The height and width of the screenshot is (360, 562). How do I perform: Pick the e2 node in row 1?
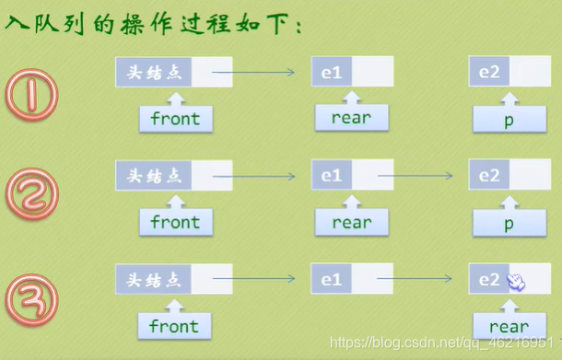pyautogui.click(x=489, y=71)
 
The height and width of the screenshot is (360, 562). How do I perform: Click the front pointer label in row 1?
pyautogui.click(x=174, y=118)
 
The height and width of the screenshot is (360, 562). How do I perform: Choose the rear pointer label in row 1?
pyautogui.click(x=351, y=117)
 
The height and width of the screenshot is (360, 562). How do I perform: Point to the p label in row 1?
pyautogui.click(x=509, y=119)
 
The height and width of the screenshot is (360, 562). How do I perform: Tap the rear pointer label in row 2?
pyautogui.click(x=351, y=222)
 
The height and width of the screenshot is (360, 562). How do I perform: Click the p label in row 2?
pyautogui.click(x=509, y=223)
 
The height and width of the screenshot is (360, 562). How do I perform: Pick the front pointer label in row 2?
pyautogui.click(x=174, y=222)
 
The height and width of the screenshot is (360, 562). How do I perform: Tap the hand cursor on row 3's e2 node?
pyautogui.click(x=517, y=282)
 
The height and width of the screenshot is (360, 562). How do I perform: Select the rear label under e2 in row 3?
pyautogui.click(x=509, y=326)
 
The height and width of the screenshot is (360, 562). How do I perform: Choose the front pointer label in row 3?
pyautogui.click(x=174, y=326)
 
